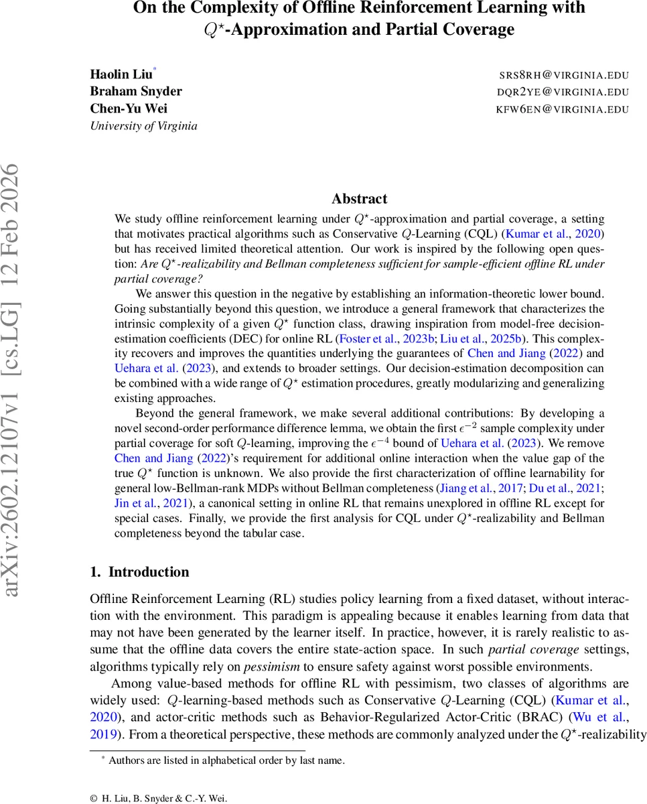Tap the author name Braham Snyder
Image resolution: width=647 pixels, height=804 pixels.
click(136, 91)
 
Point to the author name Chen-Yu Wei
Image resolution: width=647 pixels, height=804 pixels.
click(129, 109)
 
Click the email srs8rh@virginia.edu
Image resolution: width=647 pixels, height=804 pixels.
click(564, 75)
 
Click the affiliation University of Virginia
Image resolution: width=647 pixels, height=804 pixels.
click(143, 125)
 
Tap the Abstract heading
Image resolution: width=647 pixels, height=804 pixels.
click(359, 199)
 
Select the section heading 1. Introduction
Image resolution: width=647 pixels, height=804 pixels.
click(139, 572)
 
